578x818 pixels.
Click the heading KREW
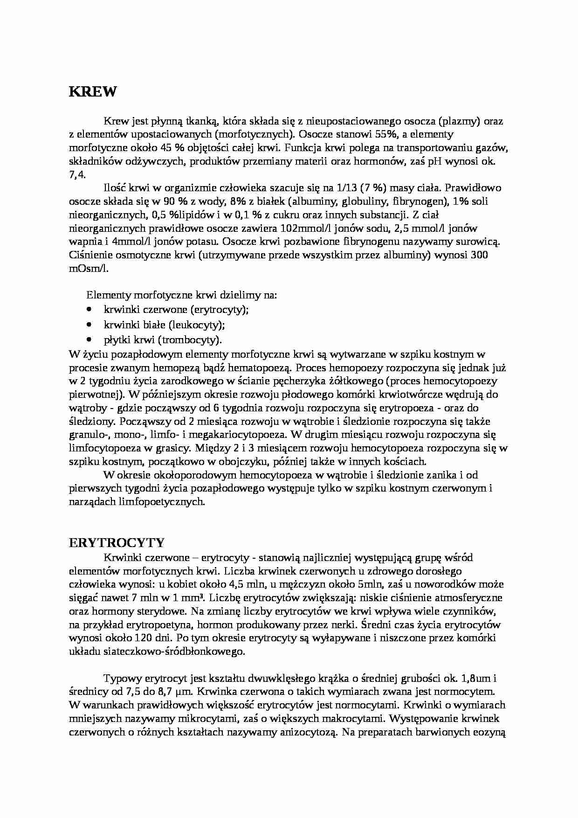92,92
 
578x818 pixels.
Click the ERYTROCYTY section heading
117,543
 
